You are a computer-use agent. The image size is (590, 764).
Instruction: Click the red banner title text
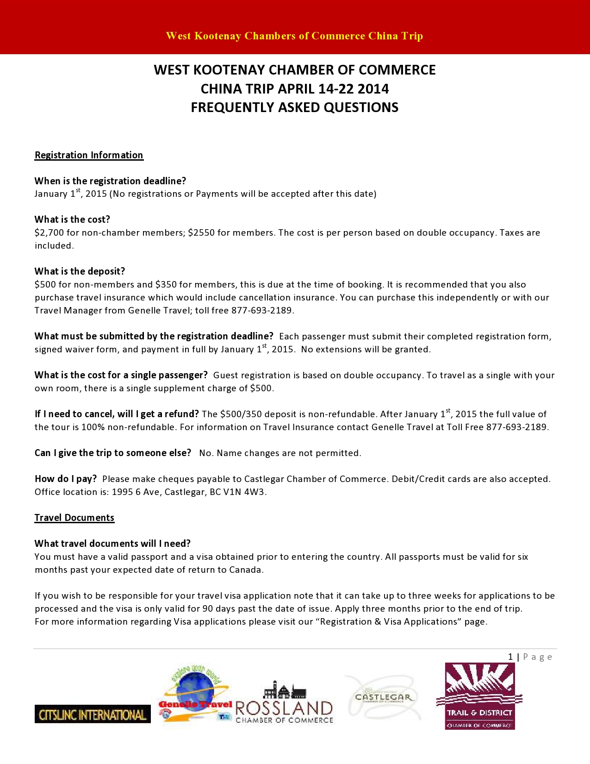(294, 36)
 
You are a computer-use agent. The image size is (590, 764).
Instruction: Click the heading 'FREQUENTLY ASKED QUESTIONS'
(294, 107)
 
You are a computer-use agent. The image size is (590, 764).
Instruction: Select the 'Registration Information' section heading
(89, 155)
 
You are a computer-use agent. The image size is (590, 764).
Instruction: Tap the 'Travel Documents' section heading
(75, 518)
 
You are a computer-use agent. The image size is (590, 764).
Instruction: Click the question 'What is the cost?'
(72, 219)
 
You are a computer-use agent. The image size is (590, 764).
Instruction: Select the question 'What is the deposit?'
(80, 271)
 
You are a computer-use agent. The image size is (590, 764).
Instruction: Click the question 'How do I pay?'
(66, 479)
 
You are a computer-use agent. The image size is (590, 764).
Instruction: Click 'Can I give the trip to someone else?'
(113, 453)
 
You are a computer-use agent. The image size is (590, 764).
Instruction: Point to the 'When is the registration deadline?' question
(110, 181)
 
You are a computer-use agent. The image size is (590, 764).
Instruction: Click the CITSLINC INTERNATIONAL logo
(93, 714)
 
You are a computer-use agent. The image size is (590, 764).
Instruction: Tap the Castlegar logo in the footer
(383, 697)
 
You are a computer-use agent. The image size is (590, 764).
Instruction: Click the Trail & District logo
(479, 696)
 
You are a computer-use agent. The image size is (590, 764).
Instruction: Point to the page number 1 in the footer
(510, 657)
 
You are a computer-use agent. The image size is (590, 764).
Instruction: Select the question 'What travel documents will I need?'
(112, 544)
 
